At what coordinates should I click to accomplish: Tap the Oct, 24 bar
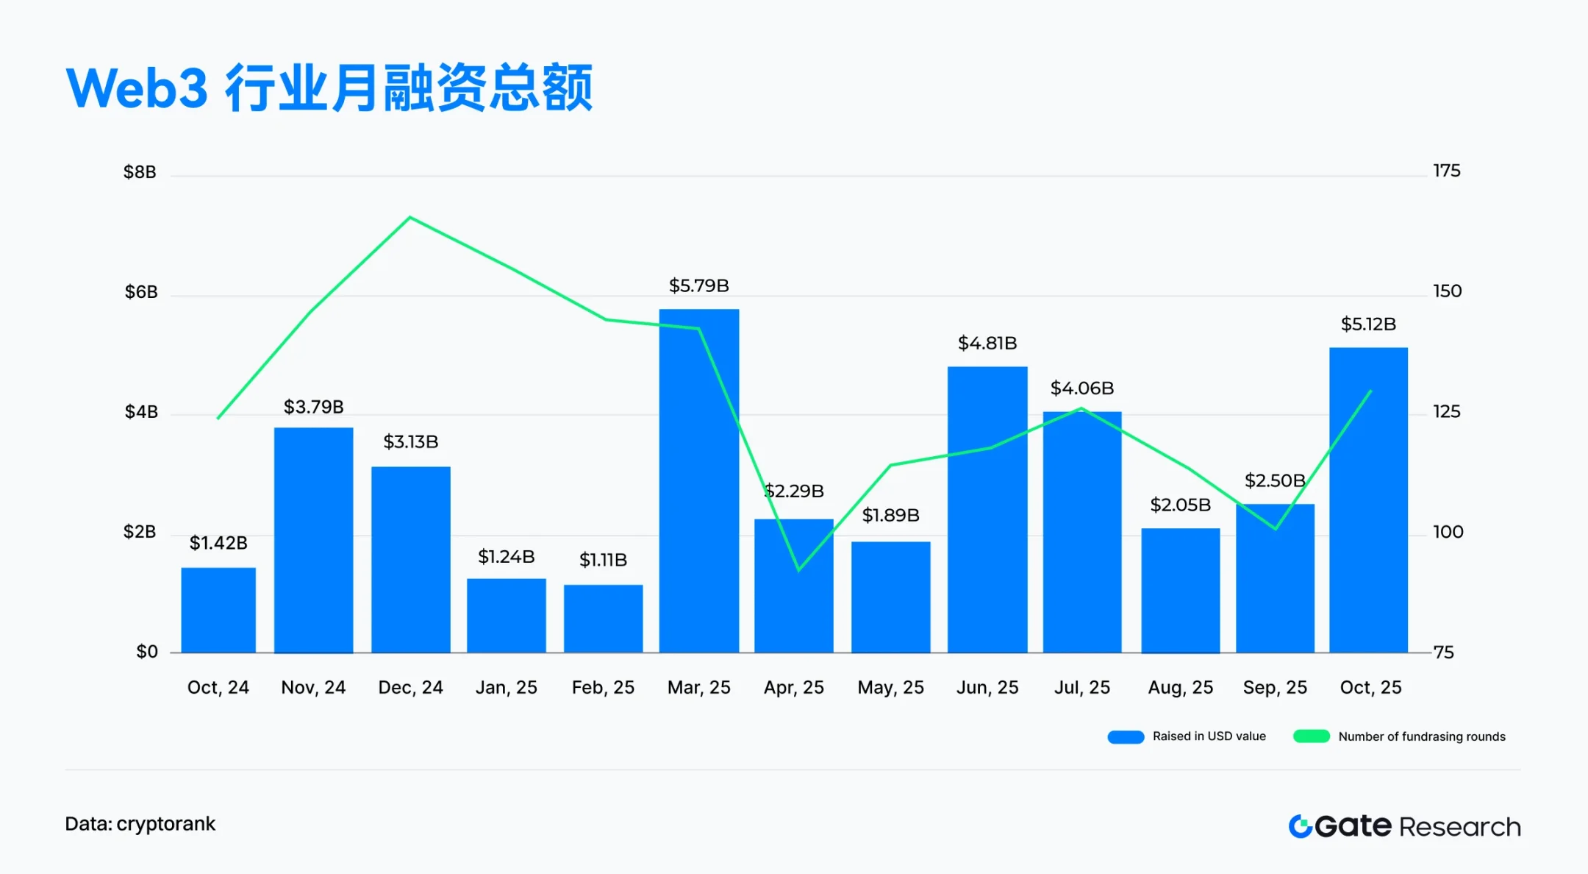218,610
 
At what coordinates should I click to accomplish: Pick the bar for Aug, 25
1180,590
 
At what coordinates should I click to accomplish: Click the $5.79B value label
698,285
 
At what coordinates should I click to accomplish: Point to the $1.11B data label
603,560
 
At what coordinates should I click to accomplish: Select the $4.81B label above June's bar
987,343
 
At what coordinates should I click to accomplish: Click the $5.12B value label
1367,324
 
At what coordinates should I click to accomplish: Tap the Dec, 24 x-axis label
410,687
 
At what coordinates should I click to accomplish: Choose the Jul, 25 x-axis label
1081,687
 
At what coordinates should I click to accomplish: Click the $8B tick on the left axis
140,172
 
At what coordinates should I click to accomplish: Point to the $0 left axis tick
147,652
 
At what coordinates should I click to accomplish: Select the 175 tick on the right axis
1446,171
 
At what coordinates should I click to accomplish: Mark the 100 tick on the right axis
1448,531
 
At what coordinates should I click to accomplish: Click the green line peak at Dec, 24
409,217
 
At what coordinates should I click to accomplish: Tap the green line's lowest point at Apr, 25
799,569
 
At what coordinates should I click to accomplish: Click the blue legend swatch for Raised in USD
1126,737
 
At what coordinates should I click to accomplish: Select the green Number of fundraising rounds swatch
1311,736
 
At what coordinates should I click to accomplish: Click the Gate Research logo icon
1300,826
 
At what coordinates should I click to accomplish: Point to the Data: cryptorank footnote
140,824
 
